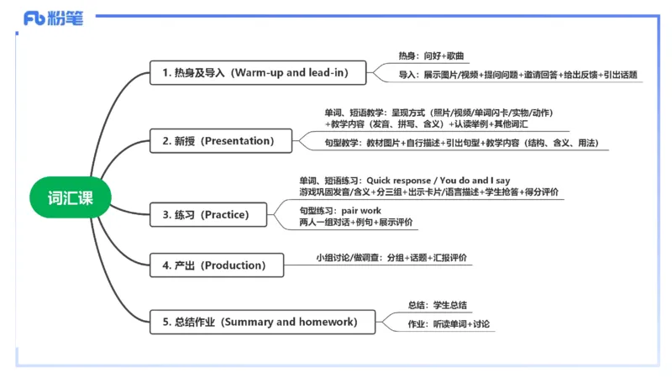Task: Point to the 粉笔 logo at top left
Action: pyautogui.click(x=54, y=19)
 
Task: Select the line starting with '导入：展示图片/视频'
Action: pyautogui.click(x=518, y=75)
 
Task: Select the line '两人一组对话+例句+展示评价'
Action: pyautogui.click(x=356, y=222)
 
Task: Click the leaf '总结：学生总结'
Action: pyautogui.click(x=438, y=305)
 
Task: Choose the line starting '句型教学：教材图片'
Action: pyautogui.click(x=460, y=144)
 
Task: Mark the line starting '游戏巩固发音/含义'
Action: pyautogui.click(x=417, y=192)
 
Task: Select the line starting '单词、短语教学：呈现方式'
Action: pyautogui.click(x=438, y=113)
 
